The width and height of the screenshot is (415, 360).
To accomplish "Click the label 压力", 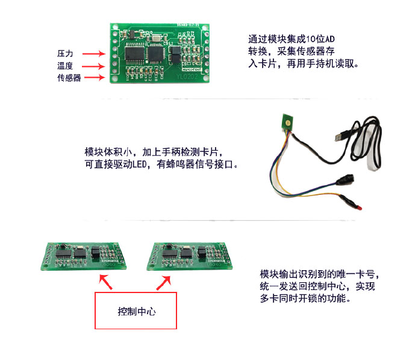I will (x=65, y=54).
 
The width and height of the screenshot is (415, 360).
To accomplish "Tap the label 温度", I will (x=65, y=66).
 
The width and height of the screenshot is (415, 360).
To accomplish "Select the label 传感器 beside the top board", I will (x=69, y=78).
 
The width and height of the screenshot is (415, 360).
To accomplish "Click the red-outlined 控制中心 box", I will (x=136, y=311).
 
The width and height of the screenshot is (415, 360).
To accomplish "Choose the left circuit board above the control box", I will (x=84, y=256).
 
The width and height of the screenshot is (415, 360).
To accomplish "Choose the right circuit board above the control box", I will (x=191, y=256).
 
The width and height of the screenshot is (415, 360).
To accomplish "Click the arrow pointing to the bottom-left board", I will (x=106, y=280).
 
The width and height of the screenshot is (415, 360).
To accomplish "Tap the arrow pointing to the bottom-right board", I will (x=166, y=280).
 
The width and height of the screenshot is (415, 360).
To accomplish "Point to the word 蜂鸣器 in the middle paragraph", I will (x=201, y=163).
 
